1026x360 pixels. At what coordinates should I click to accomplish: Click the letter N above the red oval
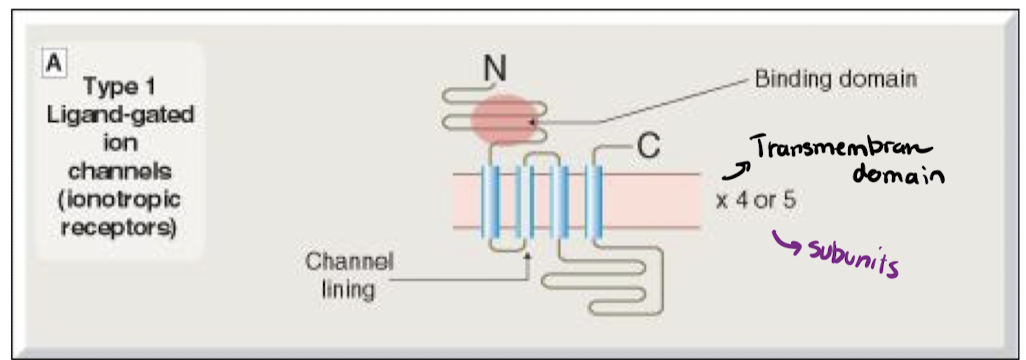tap(493, 68)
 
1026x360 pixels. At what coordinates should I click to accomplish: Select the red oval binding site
tap(510, 119)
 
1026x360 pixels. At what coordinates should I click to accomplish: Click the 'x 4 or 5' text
tap(757, 198)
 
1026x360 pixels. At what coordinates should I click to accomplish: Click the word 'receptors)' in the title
tap(120, 222)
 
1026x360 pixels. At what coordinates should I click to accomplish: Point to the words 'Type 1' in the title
tap(120, 86)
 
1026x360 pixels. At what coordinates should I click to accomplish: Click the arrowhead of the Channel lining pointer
tap(527, 257)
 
